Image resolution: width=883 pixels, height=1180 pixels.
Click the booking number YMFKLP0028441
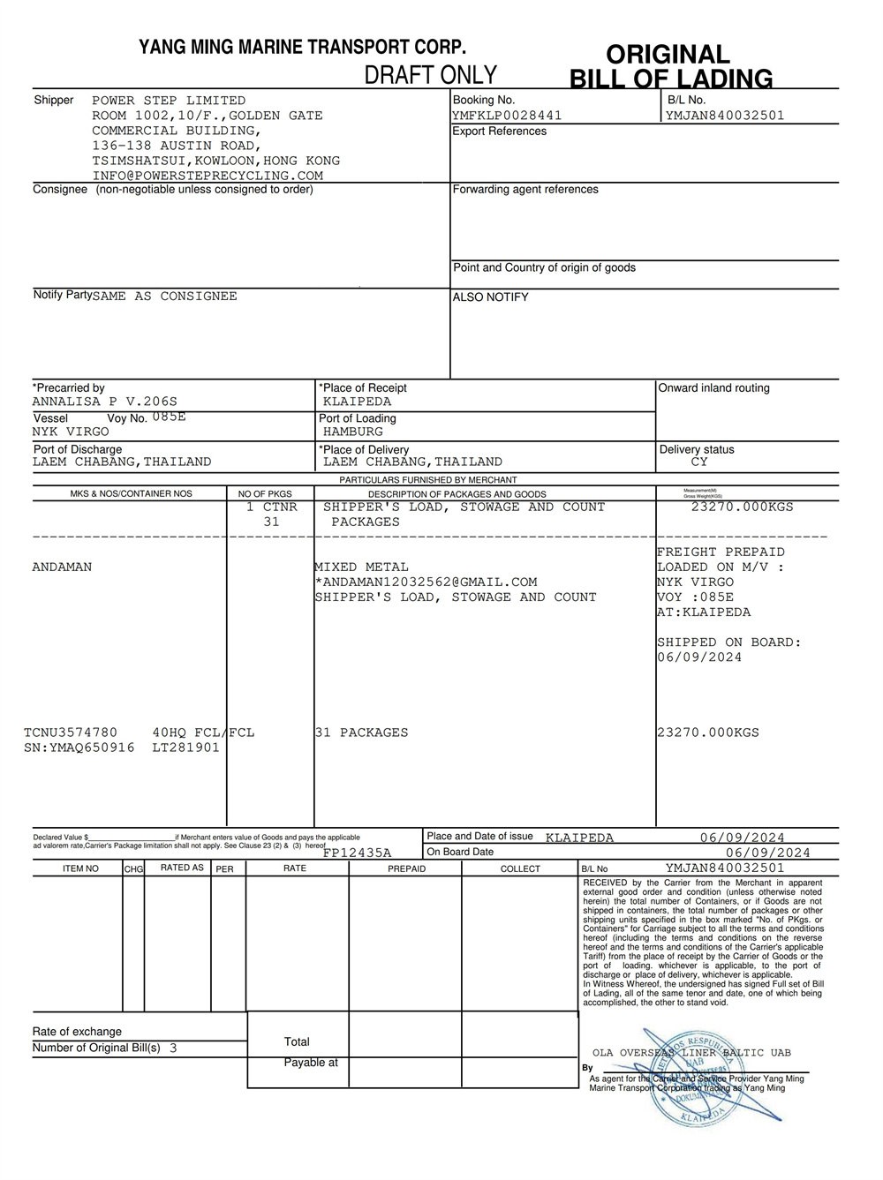pos(507,116)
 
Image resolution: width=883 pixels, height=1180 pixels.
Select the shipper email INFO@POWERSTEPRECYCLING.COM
pos(208,176)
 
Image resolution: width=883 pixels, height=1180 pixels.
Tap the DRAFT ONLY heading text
pos(431,75)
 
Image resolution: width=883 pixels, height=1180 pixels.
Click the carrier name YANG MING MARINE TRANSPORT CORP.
pos(302,48)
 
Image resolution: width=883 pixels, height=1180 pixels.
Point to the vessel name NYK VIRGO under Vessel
pos(71,432)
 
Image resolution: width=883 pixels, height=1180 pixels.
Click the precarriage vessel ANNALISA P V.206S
pos(104,402)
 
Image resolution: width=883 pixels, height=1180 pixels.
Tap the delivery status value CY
pos(699,462)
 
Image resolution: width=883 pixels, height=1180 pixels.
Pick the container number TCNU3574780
pos(71,733)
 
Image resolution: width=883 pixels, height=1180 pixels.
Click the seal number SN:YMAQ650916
pos(79,748)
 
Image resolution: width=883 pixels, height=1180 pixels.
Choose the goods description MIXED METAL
pos(362,567)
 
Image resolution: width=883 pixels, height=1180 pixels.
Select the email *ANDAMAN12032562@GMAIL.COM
pos(426,582)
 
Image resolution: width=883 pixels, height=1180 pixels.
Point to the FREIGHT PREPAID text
pos(721,552)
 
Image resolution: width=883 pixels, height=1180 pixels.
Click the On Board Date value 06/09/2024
pos(767,853)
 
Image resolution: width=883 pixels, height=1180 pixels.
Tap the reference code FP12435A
pos(357,853)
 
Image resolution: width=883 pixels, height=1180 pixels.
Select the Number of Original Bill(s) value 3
pos(173,1048)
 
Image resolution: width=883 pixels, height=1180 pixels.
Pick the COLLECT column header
pos(520,869)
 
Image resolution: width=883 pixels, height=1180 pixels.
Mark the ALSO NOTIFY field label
pos(490,297)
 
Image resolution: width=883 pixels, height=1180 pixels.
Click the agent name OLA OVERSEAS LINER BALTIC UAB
pos(691,1053)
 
